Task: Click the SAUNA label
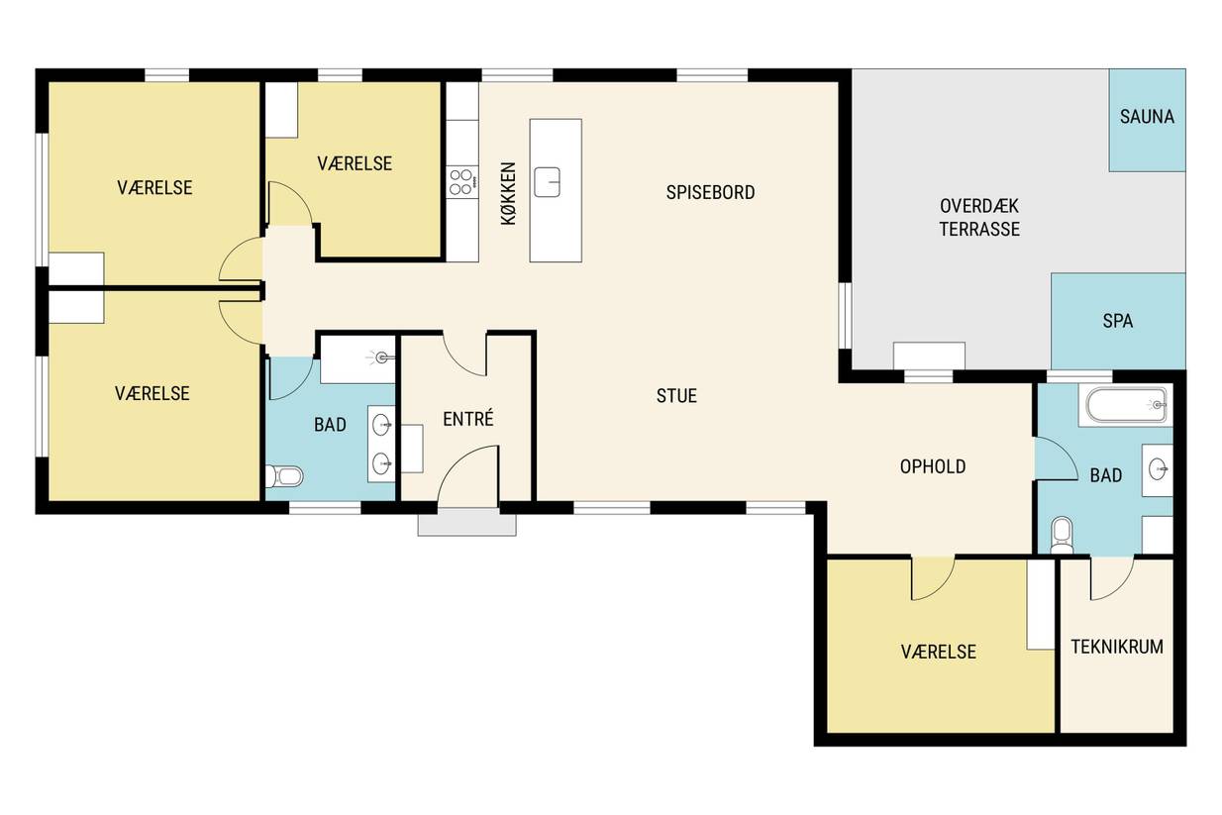coord(1147,117)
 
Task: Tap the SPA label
coord(1117,321)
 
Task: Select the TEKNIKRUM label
coord(1117,647)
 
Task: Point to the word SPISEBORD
coord(710,192)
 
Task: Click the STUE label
coord(676,396)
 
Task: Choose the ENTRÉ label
coord(468,419)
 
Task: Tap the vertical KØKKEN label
coord(508,194)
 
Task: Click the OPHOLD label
coord(933,467)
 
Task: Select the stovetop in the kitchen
coord(462,182)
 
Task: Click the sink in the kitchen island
coord(548,182)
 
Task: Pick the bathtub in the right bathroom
coord(1125,405)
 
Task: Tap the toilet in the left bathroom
coord(284,476)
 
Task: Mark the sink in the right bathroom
coord(1158,469)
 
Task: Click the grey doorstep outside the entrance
coord(467,524)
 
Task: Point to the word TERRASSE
coord(979,229)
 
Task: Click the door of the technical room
coord(1112,578)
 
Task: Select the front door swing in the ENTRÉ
coord(468,474)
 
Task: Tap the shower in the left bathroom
coord(357,358)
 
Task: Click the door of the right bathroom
coord(1057,459)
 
